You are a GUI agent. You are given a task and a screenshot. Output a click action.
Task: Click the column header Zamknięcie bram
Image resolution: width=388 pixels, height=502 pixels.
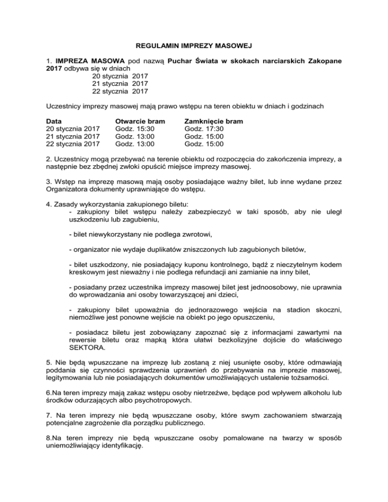click(x=214, y=121)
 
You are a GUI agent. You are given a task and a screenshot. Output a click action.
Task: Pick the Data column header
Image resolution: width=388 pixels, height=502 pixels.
click(x=54, y=121)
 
